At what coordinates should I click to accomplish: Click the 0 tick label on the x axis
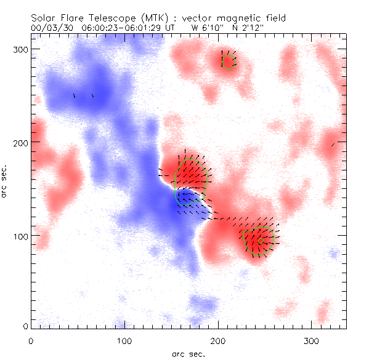pyautogui.click(x=31, y=340)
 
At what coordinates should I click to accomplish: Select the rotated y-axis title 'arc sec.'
pyautogui.click(x=5, y=181)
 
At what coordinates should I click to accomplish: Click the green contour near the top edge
pyautogui.click(x=229, y=61)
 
